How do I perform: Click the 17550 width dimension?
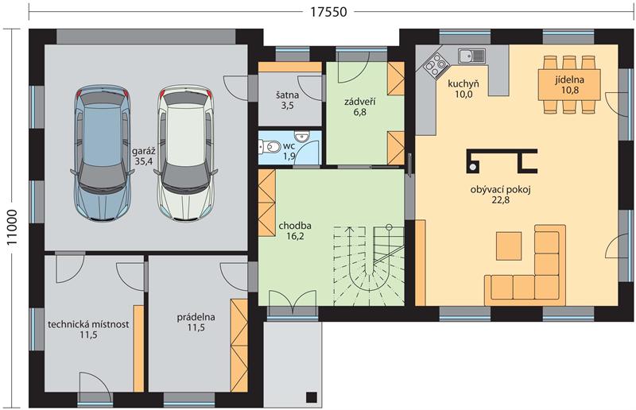click(329, 12)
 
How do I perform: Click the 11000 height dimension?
click(12, 227)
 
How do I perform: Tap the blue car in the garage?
click(103, 153)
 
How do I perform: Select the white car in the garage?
click(186, 153)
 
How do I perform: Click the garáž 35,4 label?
click(144, 156)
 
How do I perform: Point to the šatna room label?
click(287, 95)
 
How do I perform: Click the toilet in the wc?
click(269, 146)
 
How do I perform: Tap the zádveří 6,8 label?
click(359, 106)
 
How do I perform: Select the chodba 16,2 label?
click(295, 230)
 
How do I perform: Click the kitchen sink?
click(471, 56)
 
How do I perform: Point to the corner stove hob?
click(434, 65)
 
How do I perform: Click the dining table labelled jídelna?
click(569, 84)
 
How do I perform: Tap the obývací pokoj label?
click(501, 189)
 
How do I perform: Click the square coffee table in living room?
click(509, 245)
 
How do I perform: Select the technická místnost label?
click(88, 324)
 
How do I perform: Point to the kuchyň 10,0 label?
click(463, 89)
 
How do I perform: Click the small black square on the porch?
click(311, 396)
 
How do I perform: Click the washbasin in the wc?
click(301, 135)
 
